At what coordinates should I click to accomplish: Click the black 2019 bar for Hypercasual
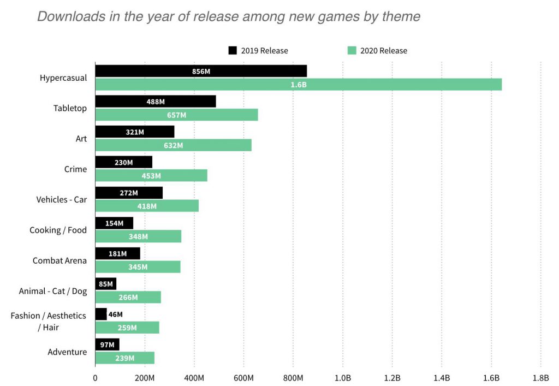201,71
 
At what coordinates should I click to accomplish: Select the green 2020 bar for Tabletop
176,115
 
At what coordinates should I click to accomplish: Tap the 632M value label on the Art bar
173,145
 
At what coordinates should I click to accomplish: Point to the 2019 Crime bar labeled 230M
123,162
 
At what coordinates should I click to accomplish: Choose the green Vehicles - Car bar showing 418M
147,206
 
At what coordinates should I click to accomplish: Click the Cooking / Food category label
58,230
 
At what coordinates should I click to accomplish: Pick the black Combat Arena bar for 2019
117,253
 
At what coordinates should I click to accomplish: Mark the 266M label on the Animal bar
128,298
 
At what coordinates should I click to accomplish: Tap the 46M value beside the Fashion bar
115,314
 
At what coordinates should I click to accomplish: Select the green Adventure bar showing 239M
124,358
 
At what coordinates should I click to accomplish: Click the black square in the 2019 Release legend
233,51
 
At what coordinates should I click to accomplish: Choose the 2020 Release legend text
383,51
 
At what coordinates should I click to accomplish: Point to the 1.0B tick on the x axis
342,378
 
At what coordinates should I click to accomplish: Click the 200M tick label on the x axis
145,378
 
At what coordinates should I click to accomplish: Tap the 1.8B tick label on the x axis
540,378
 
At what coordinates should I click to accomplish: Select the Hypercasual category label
63,78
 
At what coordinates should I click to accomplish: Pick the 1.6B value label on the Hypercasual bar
299,85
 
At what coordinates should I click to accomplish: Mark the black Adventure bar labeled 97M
107,345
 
